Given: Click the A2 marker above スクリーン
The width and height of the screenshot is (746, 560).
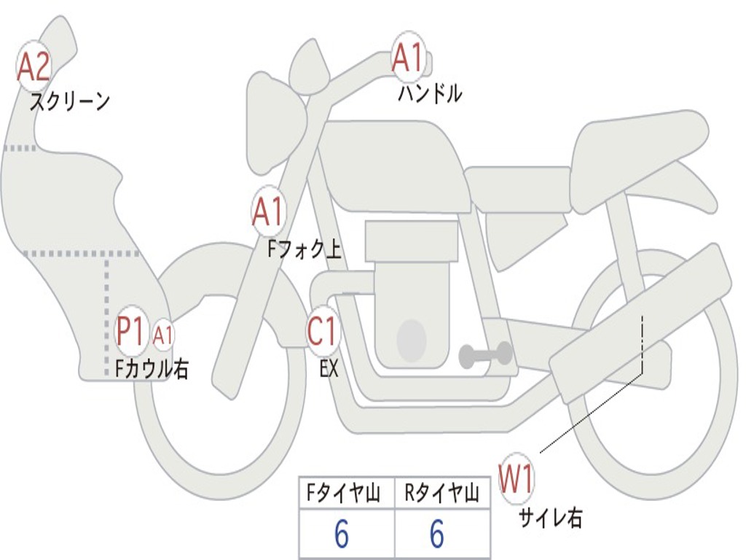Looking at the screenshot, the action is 33,66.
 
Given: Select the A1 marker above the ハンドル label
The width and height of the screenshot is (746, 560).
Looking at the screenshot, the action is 409,58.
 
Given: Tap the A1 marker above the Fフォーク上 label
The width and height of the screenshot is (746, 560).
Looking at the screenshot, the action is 268,212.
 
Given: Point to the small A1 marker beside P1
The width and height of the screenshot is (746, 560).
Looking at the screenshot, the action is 163,335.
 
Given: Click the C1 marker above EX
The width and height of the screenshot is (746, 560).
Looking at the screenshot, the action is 323,332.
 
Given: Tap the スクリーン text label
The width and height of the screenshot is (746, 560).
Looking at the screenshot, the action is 69,101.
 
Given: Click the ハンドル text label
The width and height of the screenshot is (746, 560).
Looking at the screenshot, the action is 430,93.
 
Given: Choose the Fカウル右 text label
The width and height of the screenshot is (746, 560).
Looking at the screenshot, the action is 152,369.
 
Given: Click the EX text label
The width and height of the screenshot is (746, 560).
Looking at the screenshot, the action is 329,369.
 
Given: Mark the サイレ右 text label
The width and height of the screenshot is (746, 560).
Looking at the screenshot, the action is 550,518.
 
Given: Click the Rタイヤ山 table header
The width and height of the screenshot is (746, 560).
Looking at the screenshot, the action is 442,494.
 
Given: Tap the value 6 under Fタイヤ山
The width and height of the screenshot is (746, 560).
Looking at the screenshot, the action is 342,535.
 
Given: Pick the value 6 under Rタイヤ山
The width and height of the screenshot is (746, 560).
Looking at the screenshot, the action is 437,535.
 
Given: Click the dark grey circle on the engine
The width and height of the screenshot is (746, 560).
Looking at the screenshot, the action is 411,339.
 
